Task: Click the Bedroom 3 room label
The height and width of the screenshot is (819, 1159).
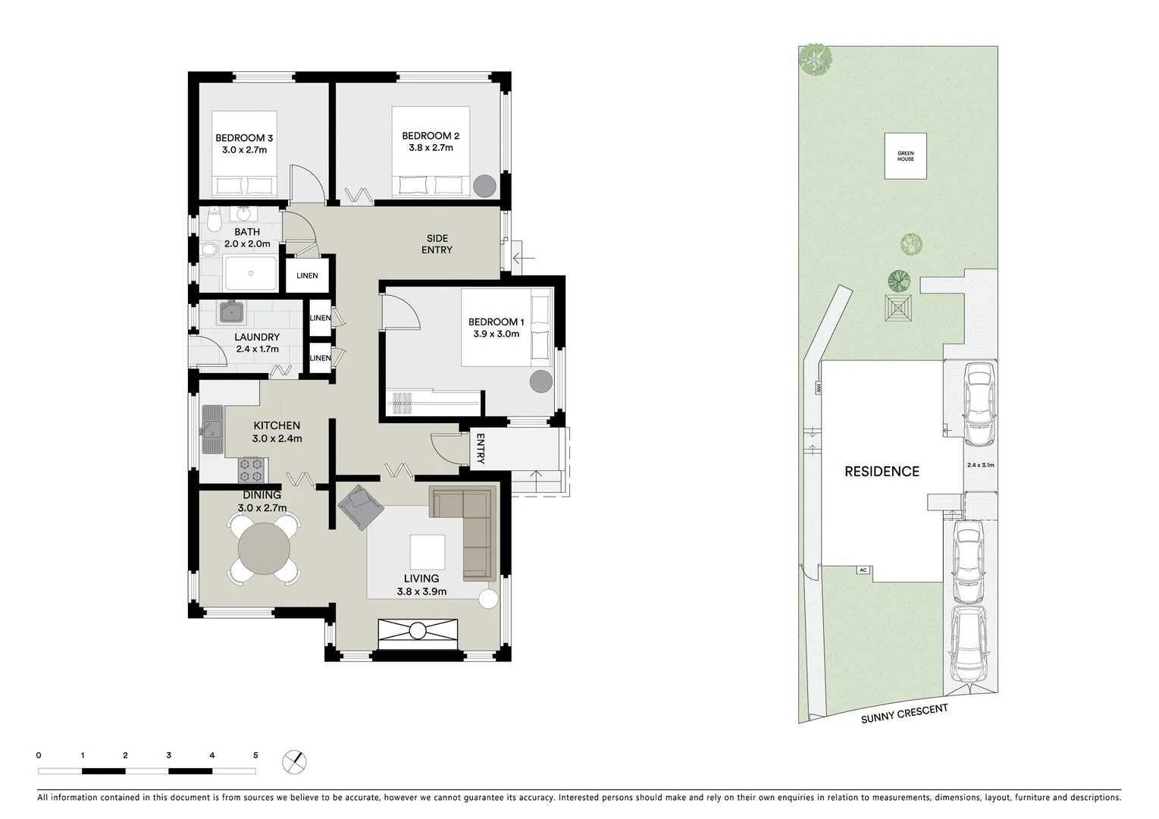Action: (243, 138)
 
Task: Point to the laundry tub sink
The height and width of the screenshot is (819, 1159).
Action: (230, 311)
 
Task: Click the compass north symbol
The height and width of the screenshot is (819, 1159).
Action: (295, 761)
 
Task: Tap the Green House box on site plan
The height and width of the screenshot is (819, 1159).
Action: (905, 156)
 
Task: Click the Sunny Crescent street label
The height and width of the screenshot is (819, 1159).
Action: (904, 714)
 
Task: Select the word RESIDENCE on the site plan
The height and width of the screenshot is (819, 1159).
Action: (882, 472)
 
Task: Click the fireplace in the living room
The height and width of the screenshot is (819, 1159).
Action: (418, 631)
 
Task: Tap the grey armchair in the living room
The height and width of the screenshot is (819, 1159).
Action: (360, 507)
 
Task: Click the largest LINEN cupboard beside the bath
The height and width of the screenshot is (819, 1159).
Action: (307, 276)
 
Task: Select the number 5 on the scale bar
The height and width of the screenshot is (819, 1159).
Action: (255, 755)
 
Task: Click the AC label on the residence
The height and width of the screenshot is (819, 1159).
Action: (862, 570)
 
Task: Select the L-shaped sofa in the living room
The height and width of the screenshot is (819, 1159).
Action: (470, 523)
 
